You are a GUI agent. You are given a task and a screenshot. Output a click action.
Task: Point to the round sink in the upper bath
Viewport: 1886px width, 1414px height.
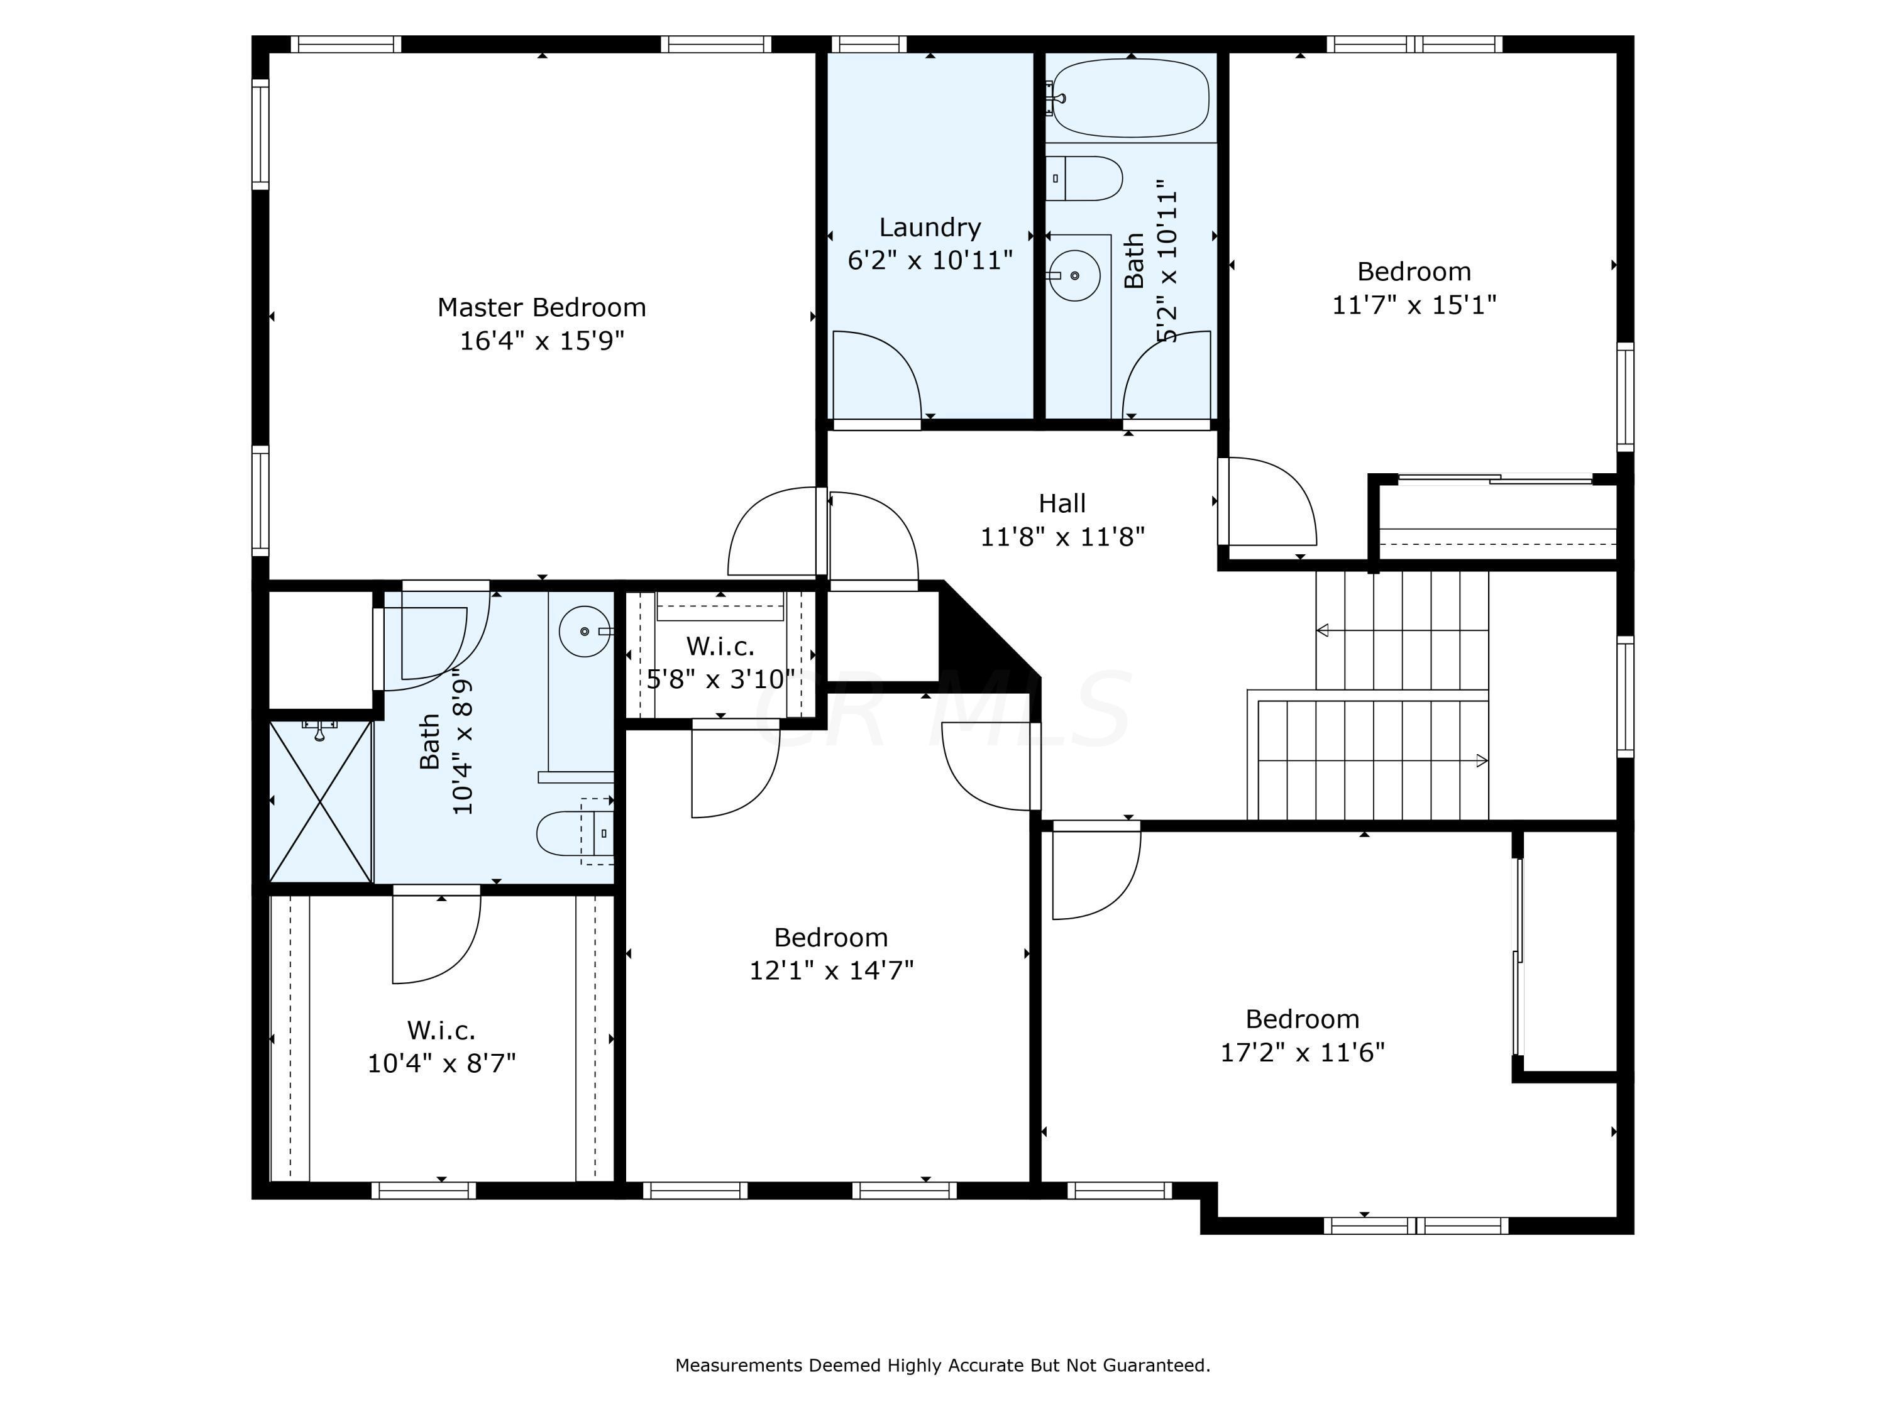coord(1074,275)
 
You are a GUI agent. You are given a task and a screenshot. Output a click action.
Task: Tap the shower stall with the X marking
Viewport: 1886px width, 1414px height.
coord(321,801)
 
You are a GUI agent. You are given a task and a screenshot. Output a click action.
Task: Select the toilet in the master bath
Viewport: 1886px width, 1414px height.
coord(575,833)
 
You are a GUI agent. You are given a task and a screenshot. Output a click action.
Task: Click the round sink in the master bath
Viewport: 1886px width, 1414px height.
coord(585,631)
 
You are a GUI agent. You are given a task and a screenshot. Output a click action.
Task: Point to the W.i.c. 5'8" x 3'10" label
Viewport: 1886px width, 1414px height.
coord(720,662)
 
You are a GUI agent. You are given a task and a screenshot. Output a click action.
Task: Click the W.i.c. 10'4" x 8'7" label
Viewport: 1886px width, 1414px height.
coord(442,1046)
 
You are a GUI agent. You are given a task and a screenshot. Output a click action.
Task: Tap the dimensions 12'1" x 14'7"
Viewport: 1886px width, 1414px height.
coord(831,970)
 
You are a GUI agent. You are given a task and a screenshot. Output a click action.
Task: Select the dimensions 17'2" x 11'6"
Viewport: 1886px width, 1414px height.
coord(1303,1052)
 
